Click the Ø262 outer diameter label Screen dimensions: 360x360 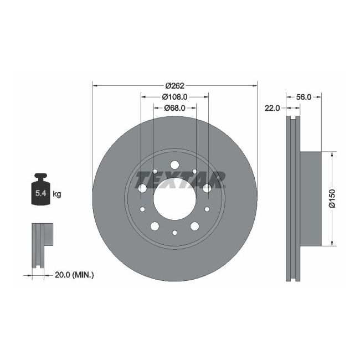(x=174, y=86)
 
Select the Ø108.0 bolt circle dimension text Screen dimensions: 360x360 (x=176, y=96)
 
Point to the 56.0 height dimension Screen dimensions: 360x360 (x=304, y=96)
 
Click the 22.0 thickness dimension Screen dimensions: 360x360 (x=272, y=108)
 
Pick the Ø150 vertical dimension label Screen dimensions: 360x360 (x=332, y=198)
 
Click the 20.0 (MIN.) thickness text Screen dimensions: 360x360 (x=75, y=274)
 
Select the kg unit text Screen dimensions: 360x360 (x=56, y=194)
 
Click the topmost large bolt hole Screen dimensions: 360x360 (x=174, y=164)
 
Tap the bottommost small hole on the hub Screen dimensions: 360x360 (x=174, y=233)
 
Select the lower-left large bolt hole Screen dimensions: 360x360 (x=155, y=226)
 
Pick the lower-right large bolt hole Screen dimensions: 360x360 (x=194, y=226)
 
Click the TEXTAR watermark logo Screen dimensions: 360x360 (x=180, y=179)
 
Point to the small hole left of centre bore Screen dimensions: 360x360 (x=142, y=209)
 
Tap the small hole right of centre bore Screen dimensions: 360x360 (x=207, y=209)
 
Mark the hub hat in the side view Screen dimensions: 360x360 (x=310, y=198)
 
